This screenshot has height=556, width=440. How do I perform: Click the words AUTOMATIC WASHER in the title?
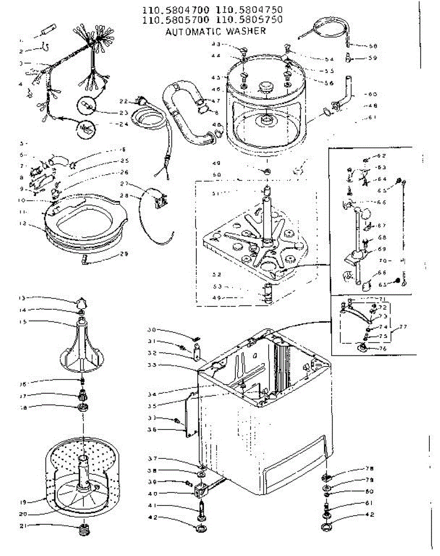point(215,32)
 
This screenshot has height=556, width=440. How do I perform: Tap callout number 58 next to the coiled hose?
point(373,46)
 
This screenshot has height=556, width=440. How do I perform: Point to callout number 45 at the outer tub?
point(215,77)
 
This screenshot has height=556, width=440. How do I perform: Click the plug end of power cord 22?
point(138,100)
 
